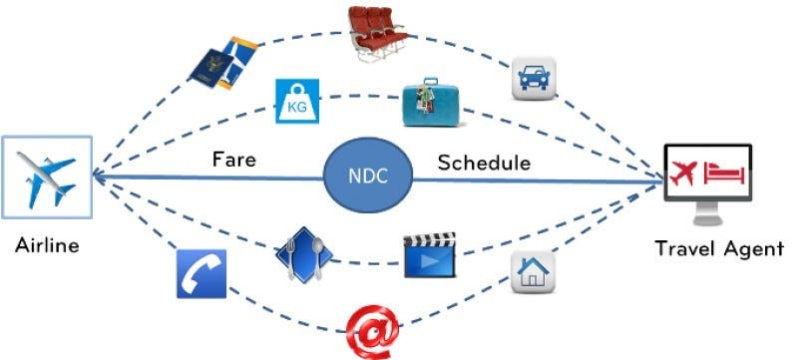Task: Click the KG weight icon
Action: (x=296, y=100)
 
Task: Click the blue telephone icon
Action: (x=201, y=273)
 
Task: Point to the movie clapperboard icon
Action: (x=429, y=255)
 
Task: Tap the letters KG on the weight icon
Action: (x=296, y=104)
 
